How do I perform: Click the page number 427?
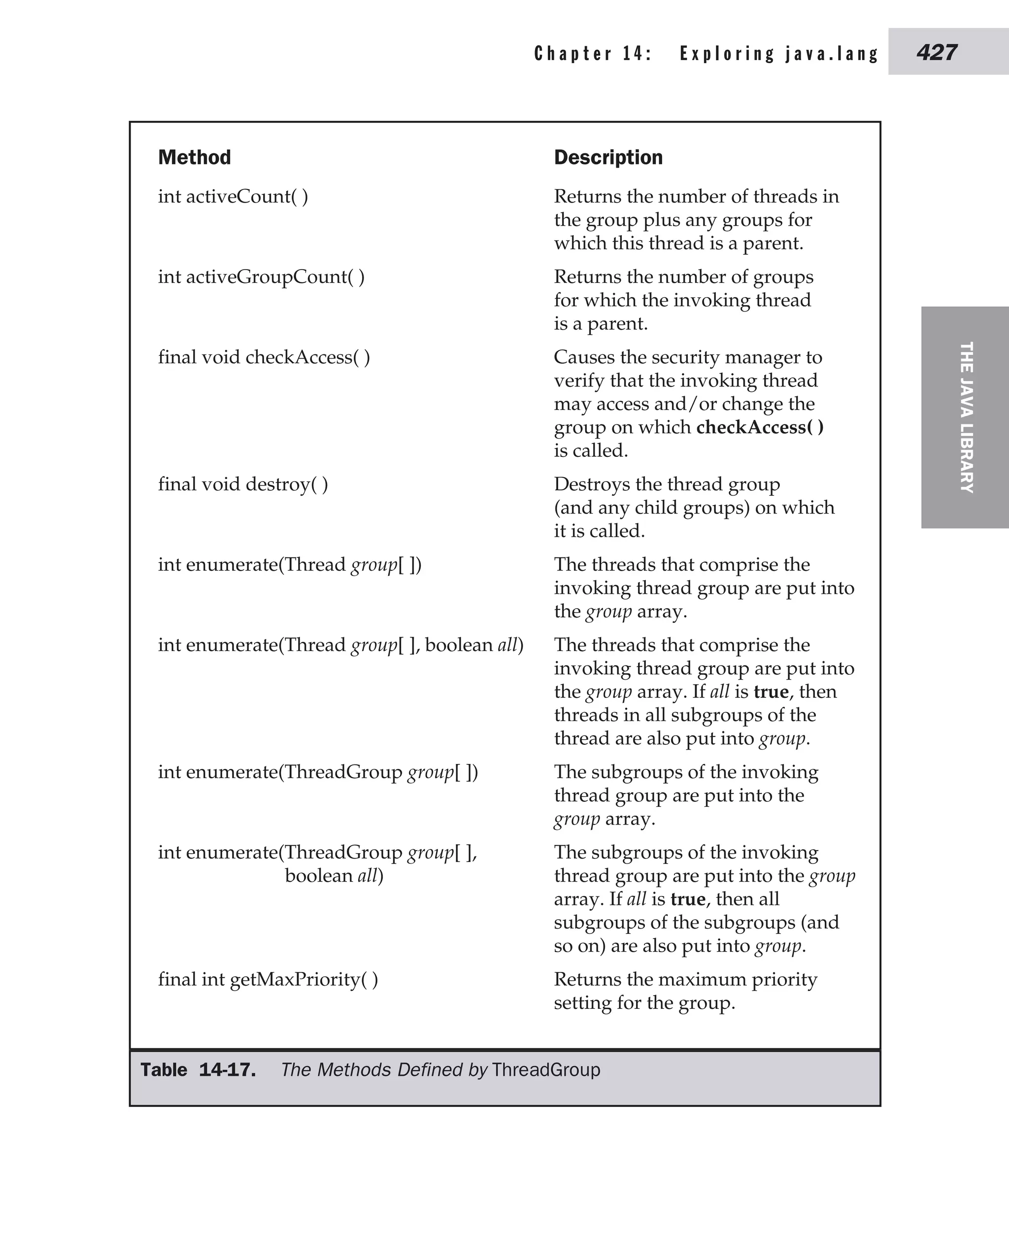point(937,52)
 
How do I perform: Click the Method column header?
point(194,158)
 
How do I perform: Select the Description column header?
point(608,158)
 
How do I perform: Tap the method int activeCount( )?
point(233,197)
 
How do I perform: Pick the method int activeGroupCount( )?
point(261,277)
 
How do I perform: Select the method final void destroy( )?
point(242,484)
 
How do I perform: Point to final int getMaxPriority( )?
point(268,979)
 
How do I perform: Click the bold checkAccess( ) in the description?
point(759,427)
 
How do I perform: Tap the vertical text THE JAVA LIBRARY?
point(966,417)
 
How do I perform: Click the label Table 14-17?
point(198,1070)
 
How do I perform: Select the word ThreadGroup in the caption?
point(545,1070)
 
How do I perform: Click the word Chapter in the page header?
point(572,54)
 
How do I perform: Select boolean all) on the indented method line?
point(334,876)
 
